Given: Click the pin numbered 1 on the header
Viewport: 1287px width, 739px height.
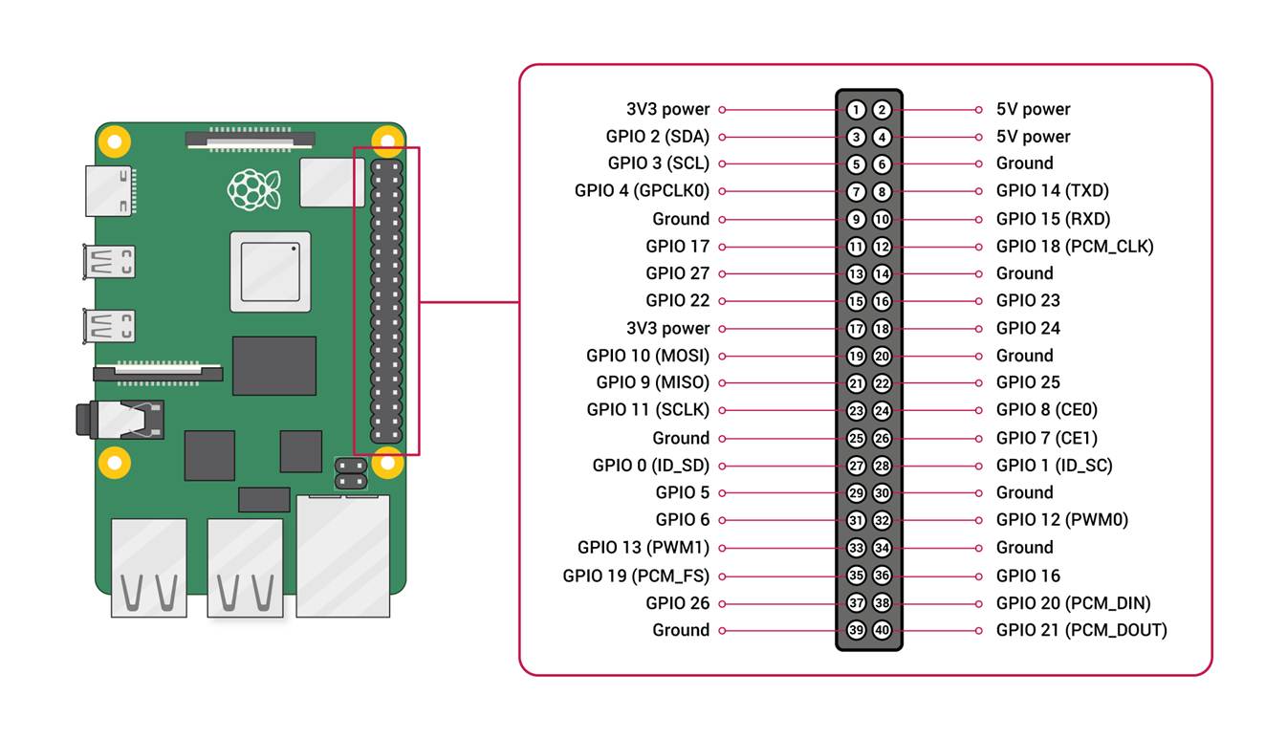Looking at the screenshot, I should [x=856, y=110].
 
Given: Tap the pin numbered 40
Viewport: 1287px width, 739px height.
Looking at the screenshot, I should [x=882, y=631].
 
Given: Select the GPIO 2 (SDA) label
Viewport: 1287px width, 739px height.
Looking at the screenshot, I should [x=658, y=137].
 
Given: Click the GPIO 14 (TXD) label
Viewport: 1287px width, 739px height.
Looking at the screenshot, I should [x=1052, y=191].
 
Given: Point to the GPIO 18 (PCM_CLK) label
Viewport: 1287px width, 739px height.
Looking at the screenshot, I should [x=1074, y=247].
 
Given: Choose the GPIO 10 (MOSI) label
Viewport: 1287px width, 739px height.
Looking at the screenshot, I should [x=647, y=356].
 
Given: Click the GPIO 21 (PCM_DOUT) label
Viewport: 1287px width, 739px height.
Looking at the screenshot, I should [x=1080, y=630].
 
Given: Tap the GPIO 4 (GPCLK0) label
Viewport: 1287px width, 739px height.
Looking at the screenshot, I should [x=642, y=191].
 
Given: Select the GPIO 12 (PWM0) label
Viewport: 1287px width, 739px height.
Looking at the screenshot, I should [x=1061, y=520].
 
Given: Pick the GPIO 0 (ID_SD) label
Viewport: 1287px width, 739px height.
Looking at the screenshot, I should [x=650, y=466].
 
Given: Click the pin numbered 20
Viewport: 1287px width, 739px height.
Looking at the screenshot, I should [x=882, y=357].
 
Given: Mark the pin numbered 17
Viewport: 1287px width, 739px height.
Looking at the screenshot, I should [x=856, y=329].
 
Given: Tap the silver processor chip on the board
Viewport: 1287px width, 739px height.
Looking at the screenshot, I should [x=271, y=272].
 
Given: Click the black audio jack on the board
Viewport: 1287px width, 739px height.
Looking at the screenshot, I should [x=120, y=420].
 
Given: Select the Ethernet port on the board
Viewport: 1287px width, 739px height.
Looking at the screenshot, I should [x=342, y=554].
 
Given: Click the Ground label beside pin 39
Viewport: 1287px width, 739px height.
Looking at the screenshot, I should [x=681, y=630].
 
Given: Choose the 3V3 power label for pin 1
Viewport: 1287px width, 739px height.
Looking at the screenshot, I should [x=667, y=110].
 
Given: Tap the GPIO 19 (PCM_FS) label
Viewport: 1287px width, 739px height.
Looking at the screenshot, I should [x=636, y=576].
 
